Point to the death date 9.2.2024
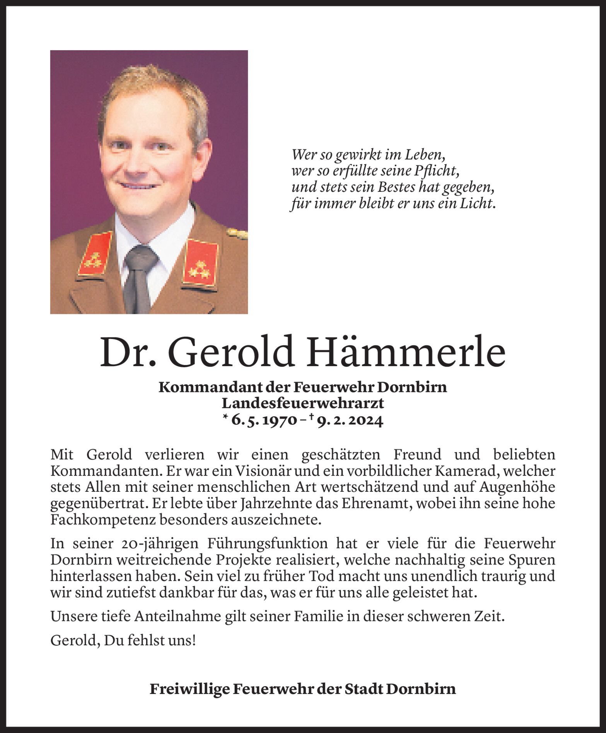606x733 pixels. [x=350, y=420]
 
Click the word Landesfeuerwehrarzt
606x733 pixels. [x=302, y=403]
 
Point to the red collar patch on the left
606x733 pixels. [x=95, y=254]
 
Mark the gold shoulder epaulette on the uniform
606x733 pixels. [x=237, y=233]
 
